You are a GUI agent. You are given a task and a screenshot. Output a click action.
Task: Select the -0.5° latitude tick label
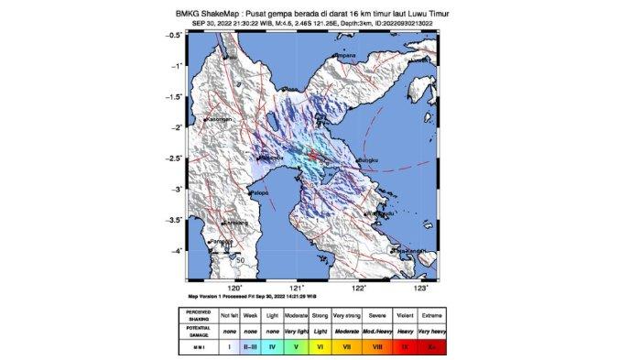pos(172,35)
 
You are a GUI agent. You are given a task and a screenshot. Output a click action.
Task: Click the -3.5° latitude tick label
pos(172,220)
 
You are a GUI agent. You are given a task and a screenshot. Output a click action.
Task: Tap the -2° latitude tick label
pos(174,127)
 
